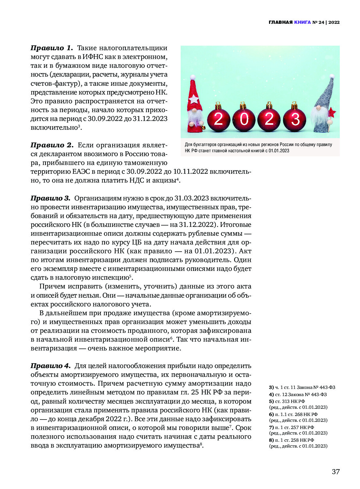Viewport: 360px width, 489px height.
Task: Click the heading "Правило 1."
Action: tap(52, 48)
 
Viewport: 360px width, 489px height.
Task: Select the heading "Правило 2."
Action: tap(52, 145)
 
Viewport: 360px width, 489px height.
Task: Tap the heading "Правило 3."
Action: tap(50, 198)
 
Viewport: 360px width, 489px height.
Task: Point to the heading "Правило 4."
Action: tap(50, 366)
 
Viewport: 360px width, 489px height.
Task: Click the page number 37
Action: tap(336, 471)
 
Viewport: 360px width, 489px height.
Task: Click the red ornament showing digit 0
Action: tap(244, 119)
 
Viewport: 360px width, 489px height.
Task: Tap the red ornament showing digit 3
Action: tap(294, 119)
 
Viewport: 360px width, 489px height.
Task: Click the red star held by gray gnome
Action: tap(332, 113)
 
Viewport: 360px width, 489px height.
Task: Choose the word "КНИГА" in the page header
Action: tap(302, 22)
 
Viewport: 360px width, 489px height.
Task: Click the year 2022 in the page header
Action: tap(334, 22)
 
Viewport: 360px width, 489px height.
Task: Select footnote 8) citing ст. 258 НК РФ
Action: tap(292, 440)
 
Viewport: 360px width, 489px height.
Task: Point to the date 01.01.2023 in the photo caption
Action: tap(279, 151)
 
